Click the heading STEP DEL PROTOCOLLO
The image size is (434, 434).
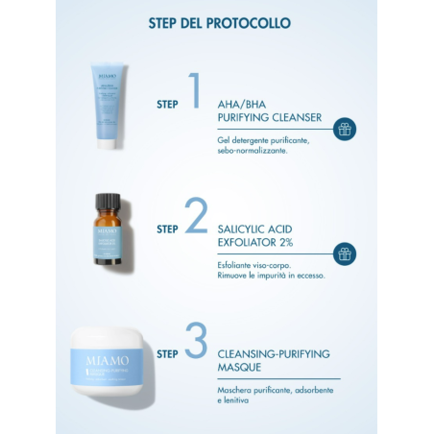click(x=220, y=21)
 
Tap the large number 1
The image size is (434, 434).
click(x=195, y=91)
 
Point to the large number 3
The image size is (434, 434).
click(x=196, y=342)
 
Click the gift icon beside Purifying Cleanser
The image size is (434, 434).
click(x=345, y=128)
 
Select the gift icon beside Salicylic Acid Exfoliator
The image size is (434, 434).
click(x=345, y=253)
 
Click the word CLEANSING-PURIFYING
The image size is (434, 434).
click(x=274, y=353)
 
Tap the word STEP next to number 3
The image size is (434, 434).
click(x=167, y=352)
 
